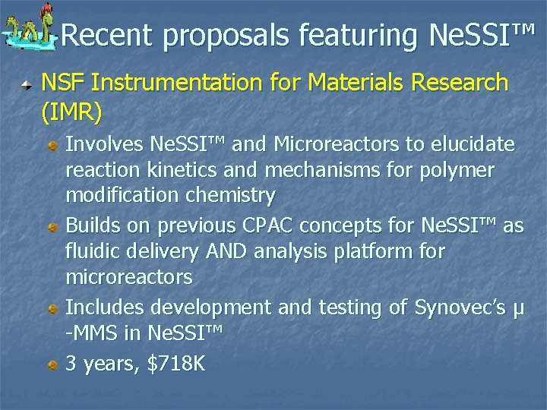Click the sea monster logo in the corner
pyautogui.click(x=30, y=31)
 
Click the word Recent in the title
pyautogui.click(x=106, y=35)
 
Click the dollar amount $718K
pyautogui.click(x=175, y=363)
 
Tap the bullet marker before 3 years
pyautogui.click(x=53, y=364)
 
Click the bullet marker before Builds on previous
pyautogui.click(x=53, y=226)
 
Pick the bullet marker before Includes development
pyautogui.click(x=53, y=308)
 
